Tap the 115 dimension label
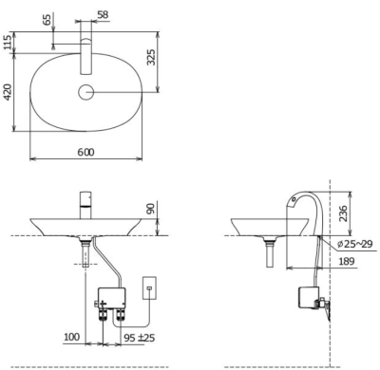click(x=9, y=42)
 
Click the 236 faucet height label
click(x=345, y=214)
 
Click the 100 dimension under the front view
click(x=70, y=336)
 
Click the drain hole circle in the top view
click(x=87, y=92)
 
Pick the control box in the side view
click(x=311, y=298)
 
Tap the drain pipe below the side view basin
click(x=272, y=253)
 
